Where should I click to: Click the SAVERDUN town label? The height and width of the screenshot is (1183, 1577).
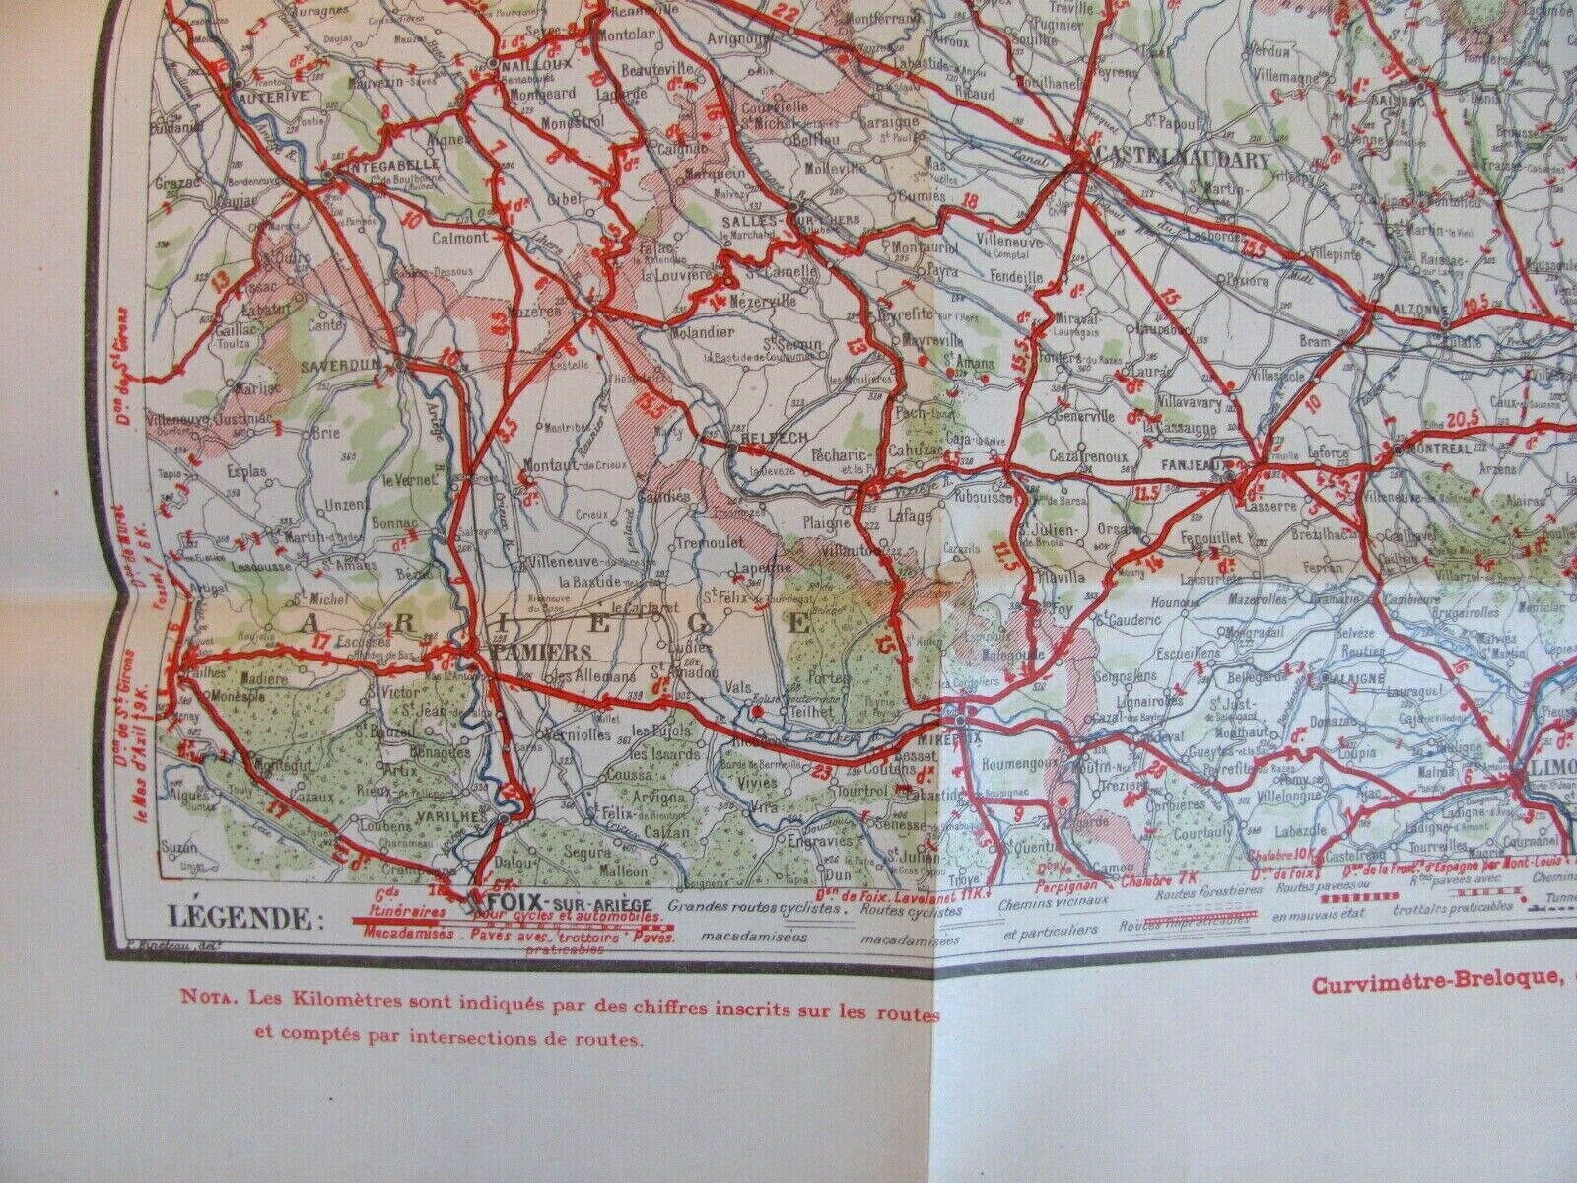[x=350, y=363]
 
